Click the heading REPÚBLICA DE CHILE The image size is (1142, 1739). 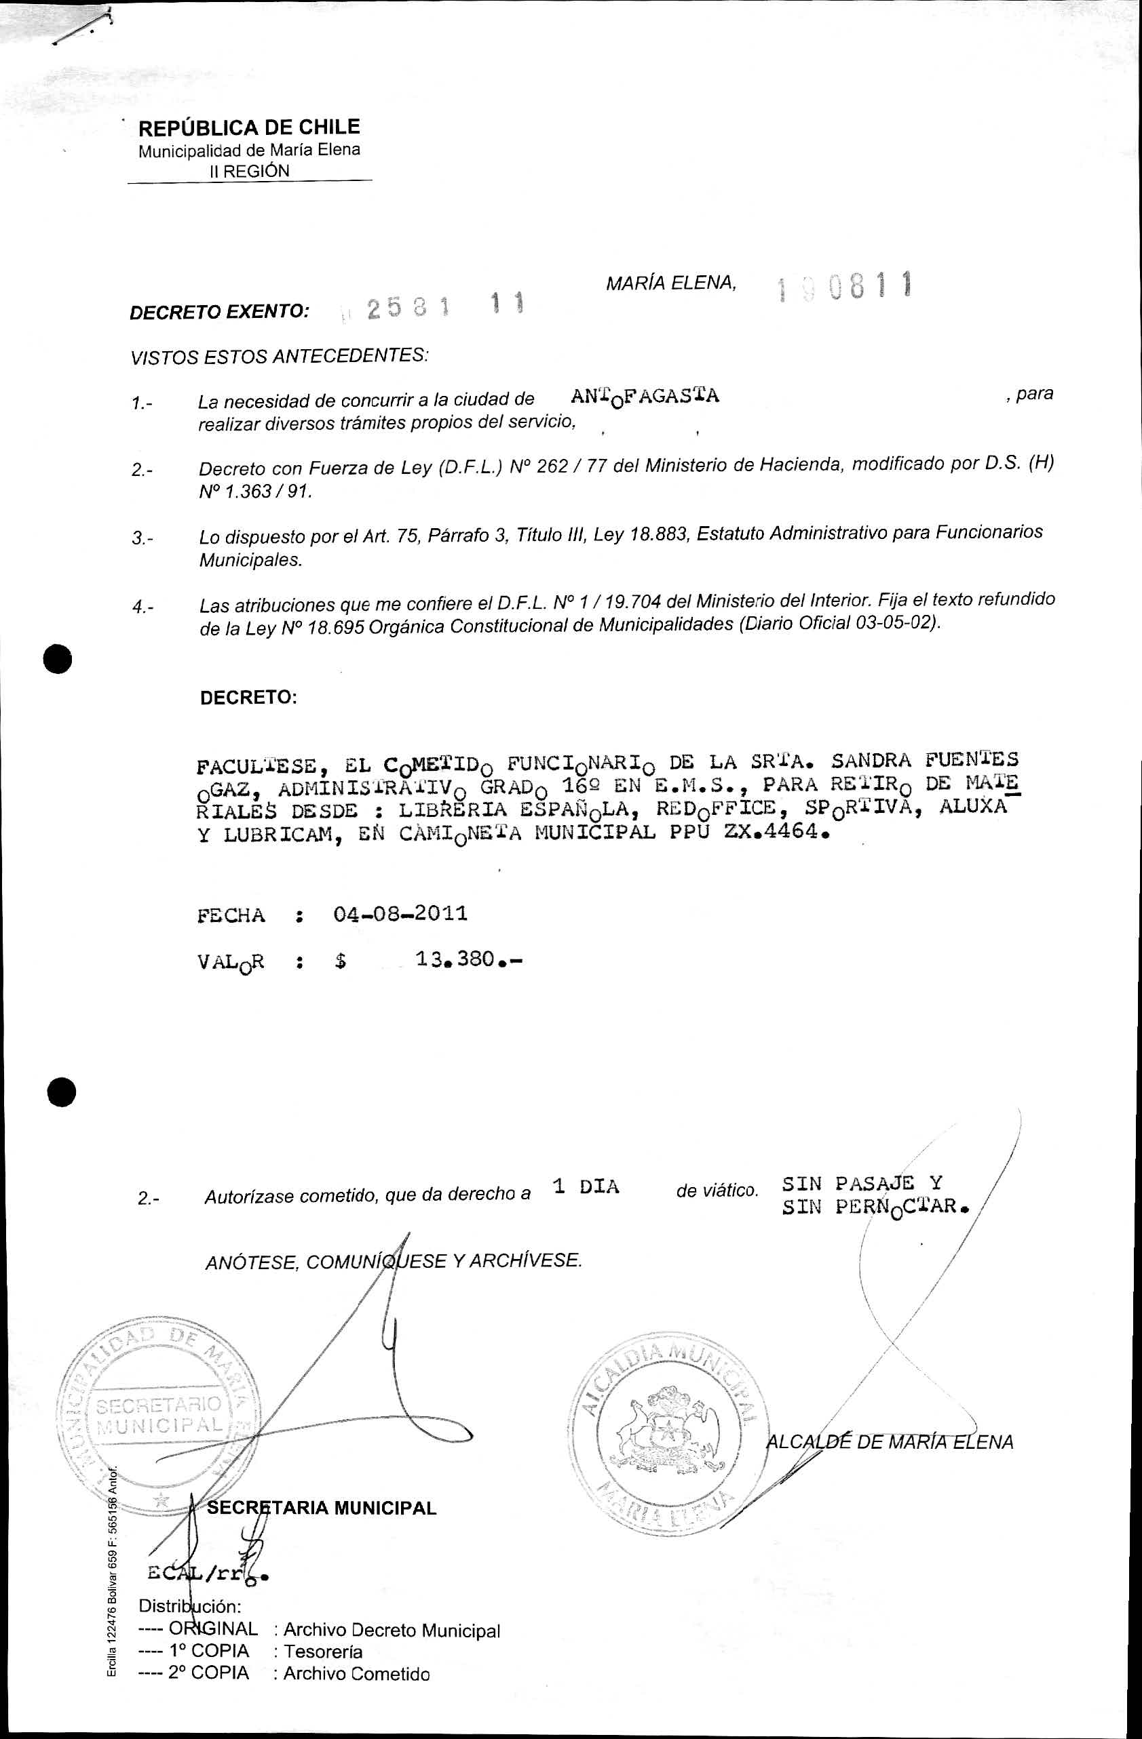point(248,128)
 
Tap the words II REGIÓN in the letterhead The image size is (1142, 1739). point(249,171)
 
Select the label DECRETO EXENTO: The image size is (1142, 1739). point(219,312)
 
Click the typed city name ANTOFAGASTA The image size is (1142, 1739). point(644,397)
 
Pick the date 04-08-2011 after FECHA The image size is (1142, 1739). point(400,914)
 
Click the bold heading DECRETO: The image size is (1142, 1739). point(248,697)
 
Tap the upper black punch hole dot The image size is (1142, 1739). point(58,659)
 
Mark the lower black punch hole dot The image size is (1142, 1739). point(62,1092)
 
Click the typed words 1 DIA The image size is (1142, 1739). point(586,1186)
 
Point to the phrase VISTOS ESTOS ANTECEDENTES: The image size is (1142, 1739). point(280,357)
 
